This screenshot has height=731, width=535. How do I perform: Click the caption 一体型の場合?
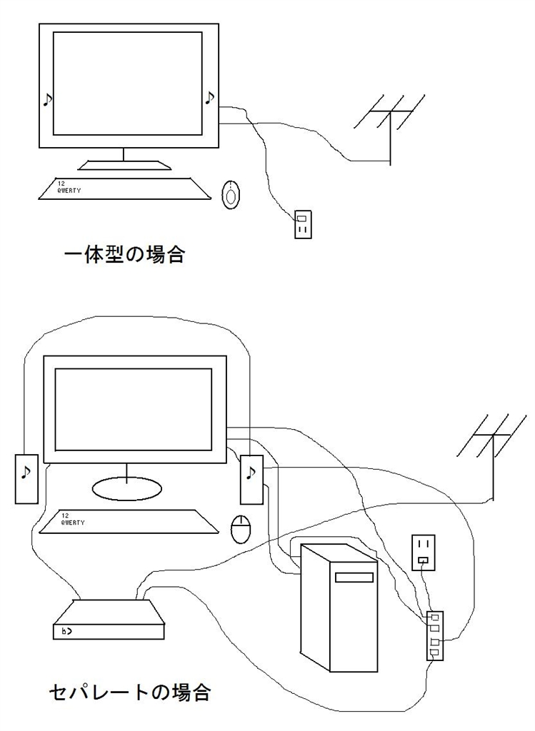click(x=124, y=254)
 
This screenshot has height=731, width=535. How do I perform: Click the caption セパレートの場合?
click(x=130, y=691)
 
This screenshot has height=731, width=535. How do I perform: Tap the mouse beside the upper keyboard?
click(x=231, y=195)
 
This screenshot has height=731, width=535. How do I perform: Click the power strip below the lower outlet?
click(x=434, y=635)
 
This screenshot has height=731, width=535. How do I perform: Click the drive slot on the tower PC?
click(x=355, y=578)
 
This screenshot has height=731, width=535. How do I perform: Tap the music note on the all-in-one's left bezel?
click(x=47, y=99)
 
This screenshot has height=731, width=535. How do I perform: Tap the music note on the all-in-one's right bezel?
click(x=209, y=97)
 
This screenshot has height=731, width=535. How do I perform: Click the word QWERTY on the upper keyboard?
click(x=69, y=191)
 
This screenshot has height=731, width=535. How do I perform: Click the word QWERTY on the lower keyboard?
click(x=73, y=522)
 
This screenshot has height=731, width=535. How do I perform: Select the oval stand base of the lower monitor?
click(x=126, y=489)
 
